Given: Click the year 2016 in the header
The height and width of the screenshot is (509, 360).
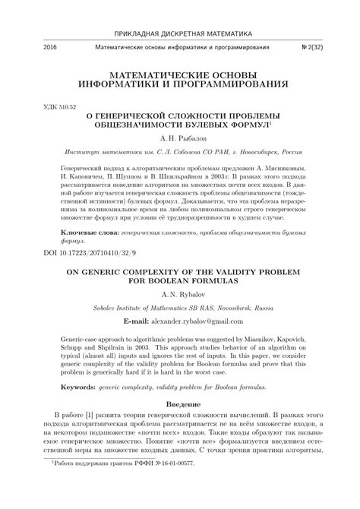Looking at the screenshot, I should pyautogui.click(x=31, y=47).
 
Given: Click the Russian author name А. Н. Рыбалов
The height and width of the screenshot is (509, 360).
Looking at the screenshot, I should pyautogui.click(x=180, y=141).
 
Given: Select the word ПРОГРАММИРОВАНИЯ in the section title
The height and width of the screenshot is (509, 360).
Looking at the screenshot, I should pyautogui.click(x=240, y=83).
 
